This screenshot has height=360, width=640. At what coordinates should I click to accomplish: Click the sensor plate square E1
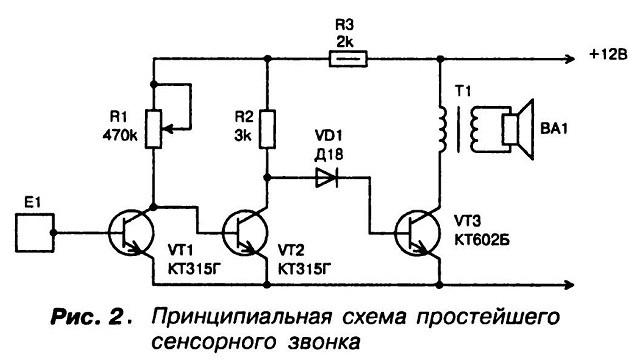pyautogui.click(x=35, y=233)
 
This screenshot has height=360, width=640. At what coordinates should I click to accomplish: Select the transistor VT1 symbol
pyautogui.click(x=131, y=233)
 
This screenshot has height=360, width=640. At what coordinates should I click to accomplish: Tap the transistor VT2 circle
pyautogui.click(x=245, y=233)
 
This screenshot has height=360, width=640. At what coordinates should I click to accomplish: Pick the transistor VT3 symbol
pyautogui.click(x=418, y=233)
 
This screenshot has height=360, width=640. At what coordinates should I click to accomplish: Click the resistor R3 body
pyautogui.click(x=348, y=59)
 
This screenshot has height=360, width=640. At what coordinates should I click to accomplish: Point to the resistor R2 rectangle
pyautogui.click(x=267, y=129)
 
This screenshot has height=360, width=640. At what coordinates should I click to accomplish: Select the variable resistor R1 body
pyautogui.click(x=154, y=129)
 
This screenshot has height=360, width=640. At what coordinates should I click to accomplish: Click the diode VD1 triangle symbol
pyautogui.click(x=327, y=178)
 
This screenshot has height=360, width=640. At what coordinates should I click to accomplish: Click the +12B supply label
pyautogui.click(x=608, y=54)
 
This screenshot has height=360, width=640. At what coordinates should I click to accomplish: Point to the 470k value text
pyautogui.click(x=120, y=135)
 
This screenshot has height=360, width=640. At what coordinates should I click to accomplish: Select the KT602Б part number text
pyautogui.click(x=482, y=240)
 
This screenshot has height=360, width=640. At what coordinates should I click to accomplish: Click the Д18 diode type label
pyautogui.click(x=329, y=154)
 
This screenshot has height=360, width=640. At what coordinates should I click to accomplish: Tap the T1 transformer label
pyautogui.click(x=463, y=91)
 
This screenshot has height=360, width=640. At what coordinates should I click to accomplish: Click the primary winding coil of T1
pyautogui.click(x=442, y=129)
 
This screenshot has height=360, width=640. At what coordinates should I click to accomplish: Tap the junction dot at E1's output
pyautogui.click(x=53, y=233)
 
